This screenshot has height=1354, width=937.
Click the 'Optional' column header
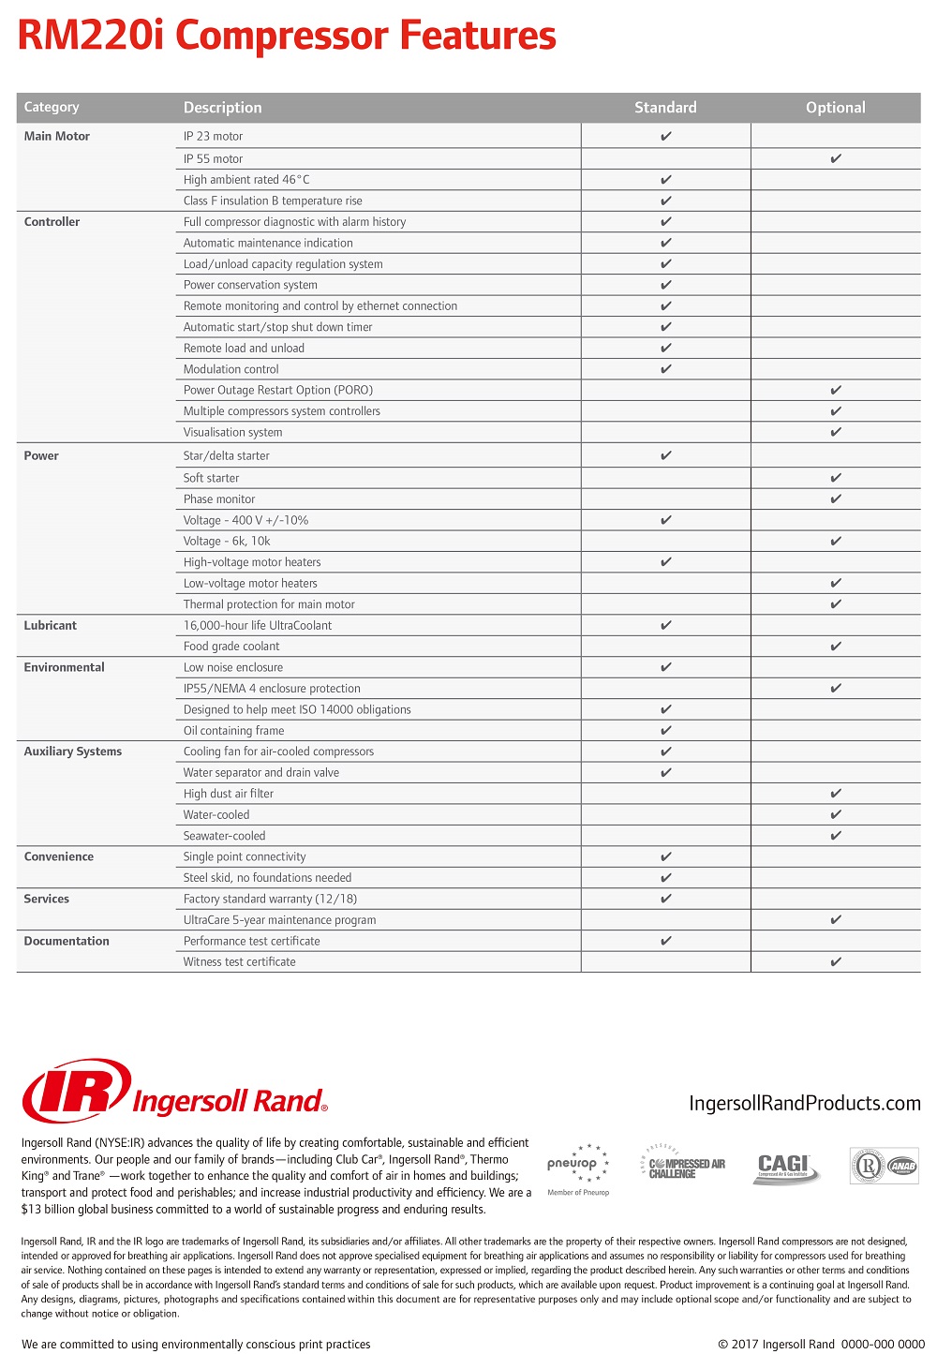pos(835,108)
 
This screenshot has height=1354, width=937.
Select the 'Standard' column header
pos(665,108)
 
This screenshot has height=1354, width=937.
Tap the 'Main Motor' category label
pos(57,136)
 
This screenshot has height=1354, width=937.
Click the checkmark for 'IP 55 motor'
pos(836,158)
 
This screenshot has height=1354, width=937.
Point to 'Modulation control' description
pos(231,369)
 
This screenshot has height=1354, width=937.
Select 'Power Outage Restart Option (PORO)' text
pos(278,390)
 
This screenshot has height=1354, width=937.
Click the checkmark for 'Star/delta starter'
pos(666,455)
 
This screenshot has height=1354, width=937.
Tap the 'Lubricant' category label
pos(51,625)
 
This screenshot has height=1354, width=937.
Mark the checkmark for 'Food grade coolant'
pos(836,646)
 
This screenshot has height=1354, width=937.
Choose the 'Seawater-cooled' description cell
pos(225,836)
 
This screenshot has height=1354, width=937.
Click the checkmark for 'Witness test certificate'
pos(836,961)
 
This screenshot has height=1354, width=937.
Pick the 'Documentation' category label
pos(67,941)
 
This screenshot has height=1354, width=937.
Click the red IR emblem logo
pos(75,1090)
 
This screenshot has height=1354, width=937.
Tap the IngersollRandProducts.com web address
pos(804,1103)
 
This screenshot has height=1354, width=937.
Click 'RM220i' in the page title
pos(92,36)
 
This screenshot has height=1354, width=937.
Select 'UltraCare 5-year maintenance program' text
pos(280,920)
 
